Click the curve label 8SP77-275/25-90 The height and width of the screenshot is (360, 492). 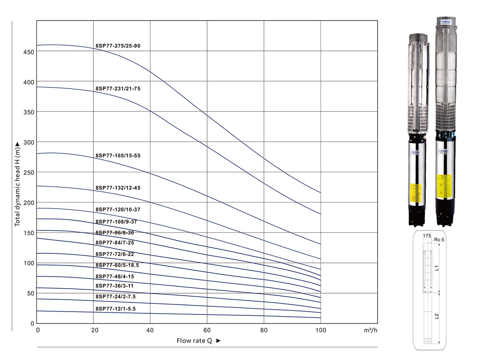pos(118,46)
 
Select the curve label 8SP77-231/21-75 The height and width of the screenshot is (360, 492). pos(118,88)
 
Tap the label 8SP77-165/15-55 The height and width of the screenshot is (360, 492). pos(118,156)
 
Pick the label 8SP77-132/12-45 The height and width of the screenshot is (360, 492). pos(118,188)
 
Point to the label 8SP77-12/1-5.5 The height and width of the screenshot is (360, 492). pos(116,308)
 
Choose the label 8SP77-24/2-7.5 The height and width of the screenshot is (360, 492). pos(116,296)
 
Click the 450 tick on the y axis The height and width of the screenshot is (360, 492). pos(27,52)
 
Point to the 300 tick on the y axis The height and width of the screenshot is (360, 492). pos(27,142)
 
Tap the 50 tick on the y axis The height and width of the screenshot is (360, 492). pos(29,294)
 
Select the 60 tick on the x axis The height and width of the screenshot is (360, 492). pos(207,330)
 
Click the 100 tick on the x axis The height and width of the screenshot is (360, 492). pos(320,330)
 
